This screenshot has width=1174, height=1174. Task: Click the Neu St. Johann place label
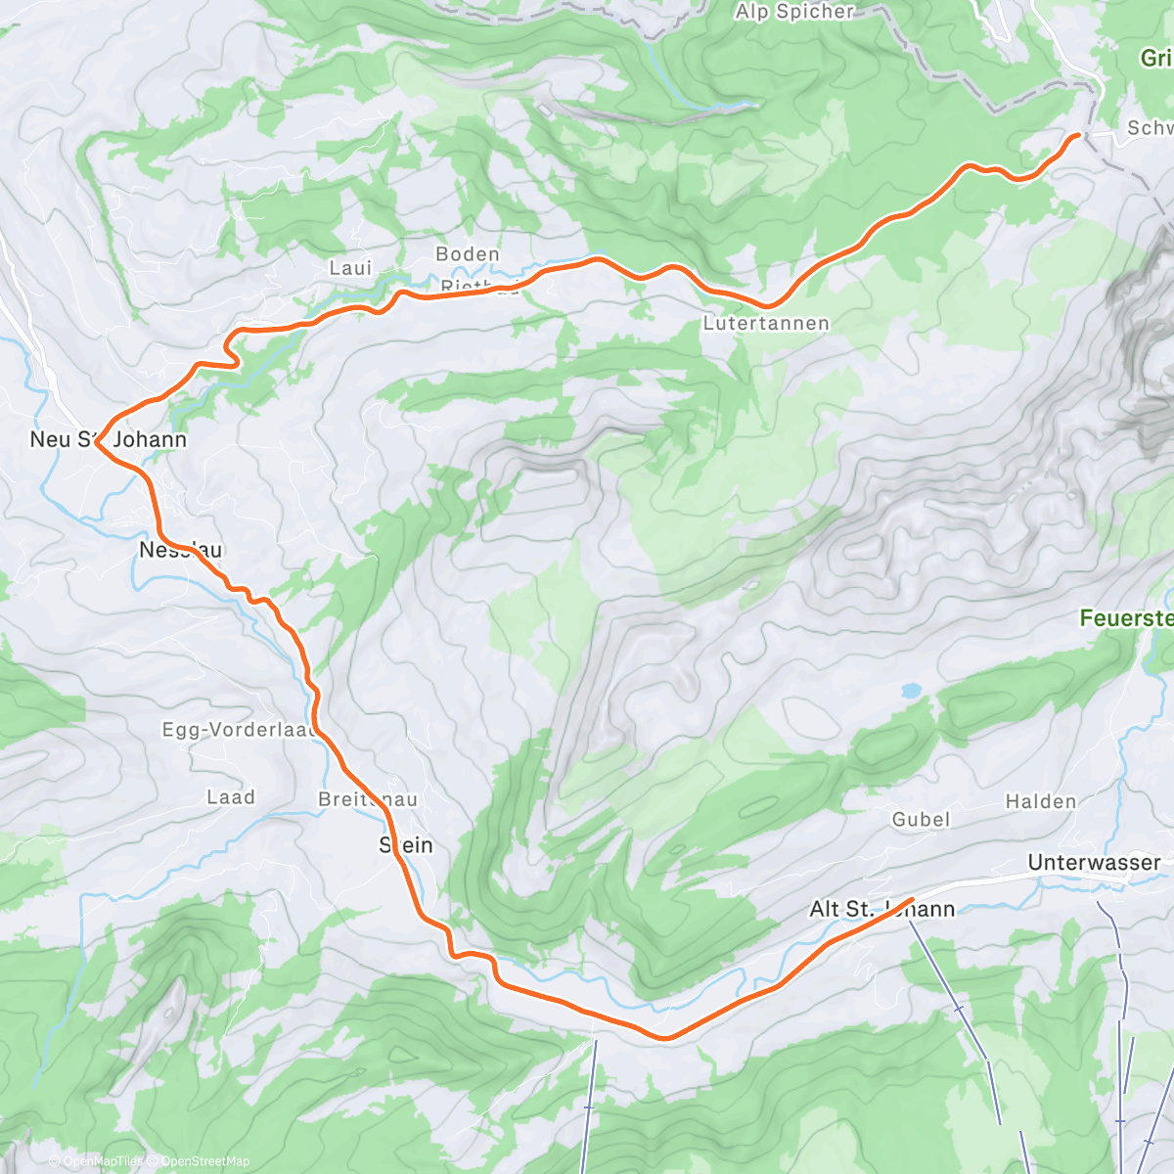coord(108,439)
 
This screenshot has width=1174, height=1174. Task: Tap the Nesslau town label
coord(180,550)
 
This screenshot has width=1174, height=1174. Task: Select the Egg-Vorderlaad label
coord(240,729)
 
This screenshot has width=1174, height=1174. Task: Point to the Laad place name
coord(231,797)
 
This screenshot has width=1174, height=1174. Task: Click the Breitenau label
coord(368,799)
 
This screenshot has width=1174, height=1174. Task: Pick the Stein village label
coord(406,845)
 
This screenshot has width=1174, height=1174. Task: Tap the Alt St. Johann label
coord(881,909)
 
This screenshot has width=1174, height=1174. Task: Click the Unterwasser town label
coord(1094,862)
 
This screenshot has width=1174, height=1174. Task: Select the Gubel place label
coord(921,819)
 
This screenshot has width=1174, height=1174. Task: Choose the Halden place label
coord(1041,801)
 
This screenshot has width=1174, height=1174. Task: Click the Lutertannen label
coord(766,323)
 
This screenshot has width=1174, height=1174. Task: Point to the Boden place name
coord(468,254)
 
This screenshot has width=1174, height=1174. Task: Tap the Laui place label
coord(350,267)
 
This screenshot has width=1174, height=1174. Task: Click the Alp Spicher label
coord(795,12)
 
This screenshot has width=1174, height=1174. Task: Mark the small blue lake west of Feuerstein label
coord(911,690)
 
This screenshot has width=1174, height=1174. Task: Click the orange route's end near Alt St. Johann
coord(912,898)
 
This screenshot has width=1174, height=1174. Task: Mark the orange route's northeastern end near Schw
coord(1078,134)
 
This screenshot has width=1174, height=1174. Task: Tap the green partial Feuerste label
coord(1126,618)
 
